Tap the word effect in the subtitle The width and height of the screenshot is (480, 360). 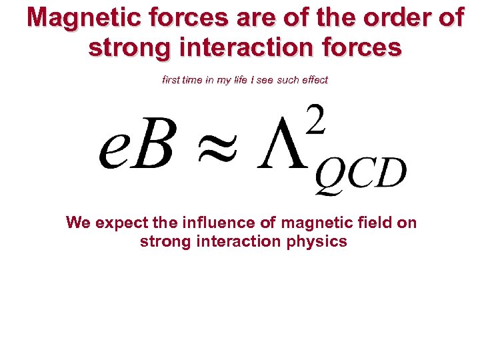coord(312,80)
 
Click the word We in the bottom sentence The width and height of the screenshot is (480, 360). coord(78,223)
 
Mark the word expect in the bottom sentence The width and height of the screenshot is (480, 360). coord(120,223)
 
